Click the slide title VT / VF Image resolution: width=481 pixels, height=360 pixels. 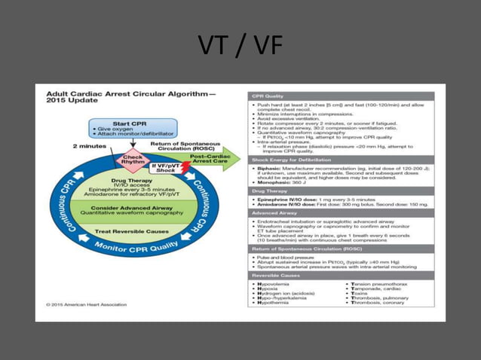(240, 47)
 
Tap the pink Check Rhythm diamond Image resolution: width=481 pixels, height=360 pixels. (133, 160)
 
